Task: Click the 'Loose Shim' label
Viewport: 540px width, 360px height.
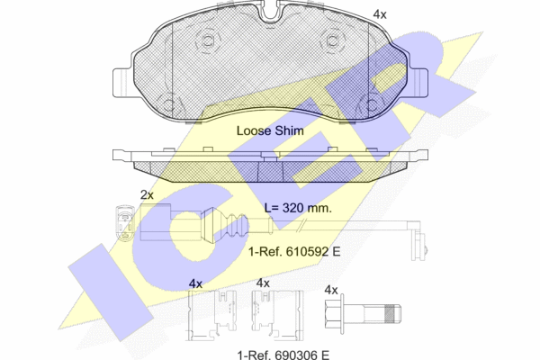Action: tap(270, 130)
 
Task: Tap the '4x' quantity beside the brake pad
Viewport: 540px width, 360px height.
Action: tap(380, 14)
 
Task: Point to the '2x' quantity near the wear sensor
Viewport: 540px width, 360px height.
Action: tap(147, 195)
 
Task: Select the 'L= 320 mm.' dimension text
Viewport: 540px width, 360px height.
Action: tap(298, 208)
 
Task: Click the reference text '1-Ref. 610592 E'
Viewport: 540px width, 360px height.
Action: tap(294, 252)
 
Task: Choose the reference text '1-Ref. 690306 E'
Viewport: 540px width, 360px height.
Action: tap(283, 355)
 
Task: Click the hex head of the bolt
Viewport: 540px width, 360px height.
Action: tap(334, 313)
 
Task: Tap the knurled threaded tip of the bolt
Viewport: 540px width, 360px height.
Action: tap(392, 314)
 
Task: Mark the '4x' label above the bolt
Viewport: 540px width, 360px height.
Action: tap(331, 290)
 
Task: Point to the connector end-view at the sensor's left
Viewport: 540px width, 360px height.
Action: tap(124, 222)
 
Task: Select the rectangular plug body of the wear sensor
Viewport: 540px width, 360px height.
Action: tap(156, 222)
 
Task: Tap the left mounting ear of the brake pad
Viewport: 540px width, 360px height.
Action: tap(122, 83)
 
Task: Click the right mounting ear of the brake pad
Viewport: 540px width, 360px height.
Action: tap(419, 83)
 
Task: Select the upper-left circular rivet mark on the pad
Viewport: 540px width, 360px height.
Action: tap(208, 41)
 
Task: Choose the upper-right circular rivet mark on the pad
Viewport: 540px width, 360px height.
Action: tap(332, 41)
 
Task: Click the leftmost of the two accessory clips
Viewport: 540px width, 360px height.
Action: tap(212, 315)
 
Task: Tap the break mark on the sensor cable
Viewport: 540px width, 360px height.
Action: tap(301, 226)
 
